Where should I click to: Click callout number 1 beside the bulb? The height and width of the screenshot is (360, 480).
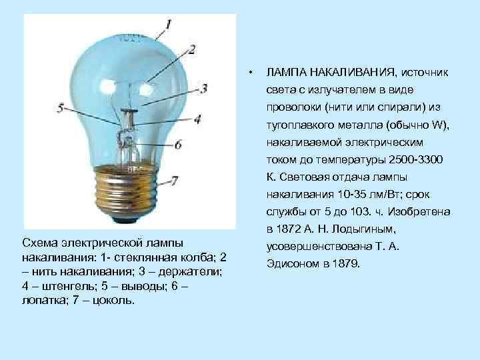(x=169, y=25)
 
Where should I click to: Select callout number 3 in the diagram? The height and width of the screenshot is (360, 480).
(x=203, y=87)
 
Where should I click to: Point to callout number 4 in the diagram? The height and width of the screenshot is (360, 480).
(x=197, y=119)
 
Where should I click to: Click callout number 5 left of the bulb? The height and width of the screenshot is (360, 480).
(x=61, y=107)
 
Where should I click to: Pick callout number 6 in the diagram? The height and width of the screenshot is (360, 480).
(x=179, y=144)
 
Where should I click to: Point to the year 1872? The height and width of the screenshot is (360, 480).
(x=288, y=230)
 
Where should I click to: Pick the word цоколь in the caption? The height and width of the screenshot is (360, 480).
(x=116, y=300)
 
